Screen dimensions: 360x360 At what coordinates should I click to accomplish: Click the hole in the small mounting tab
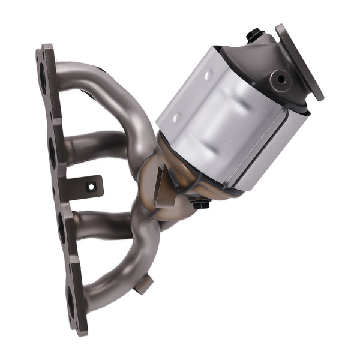coord(91,187)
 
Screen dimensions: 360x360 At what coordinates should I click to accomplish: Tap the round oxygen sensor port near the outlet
coord(279,78)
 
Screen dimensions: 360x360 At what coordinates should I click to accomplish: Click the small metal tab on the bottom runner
coord(143,284)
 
